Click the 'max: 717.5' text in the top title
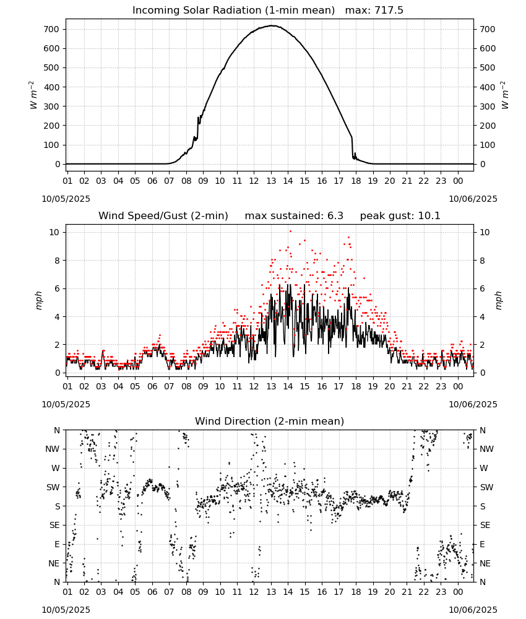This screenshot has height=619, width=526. click(374, 11)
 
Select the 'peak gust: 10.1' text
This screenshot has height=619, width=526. click(400, 216)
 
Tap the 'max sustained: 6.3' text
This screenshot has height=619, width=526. click(294, 216)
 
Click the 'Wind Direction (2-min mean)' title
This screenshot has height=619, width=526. click(270, 421)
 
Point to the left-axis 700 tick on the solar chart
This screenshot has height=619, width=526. click(51, 29)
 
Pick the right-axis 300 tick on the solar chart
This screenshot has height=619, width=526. click(488, 106)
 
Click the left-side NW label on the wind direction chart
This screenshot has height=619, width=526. click(53, 449)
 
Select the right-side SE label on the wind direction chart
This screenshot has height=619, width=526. click(485, 526)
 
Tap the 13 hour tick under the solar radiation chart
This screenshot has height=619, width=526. click(271, 181)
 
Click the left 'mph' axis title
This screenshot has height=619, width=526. click(38, 300)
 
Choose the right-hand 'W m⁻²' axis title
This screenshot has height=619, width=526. click(505, 95)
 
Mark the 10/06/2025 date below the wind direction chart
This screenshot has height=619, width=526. click(473, 610)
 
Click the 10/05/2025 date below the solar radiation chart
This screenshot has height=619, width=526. click(66, 199)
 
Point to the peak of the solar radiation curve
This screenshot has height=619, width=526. click(272, 25)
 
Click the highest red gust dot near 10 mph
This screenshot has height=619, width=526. click(290, 232)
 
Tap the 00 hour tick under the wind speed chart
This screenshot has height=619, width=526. click(458, 386)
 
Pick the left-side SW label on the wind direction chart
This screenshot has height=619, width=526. click(53, 488)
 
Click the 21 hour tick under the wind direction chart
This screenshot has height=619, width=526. click(407, 592)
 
